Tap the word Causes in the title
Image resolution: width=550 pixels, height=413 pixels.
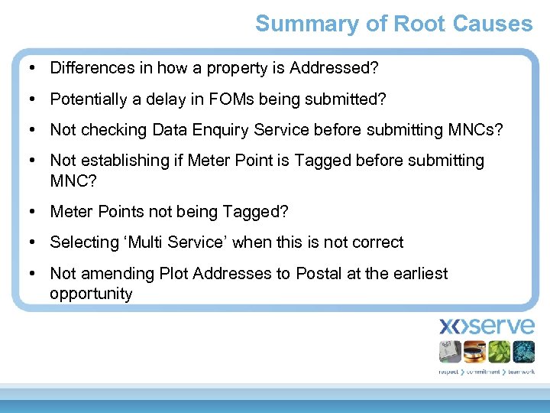[493, 24]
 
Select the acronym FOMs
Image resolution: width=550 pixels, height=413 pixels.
[265, 99]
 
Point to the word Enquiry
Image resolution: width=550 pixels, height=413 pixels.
[218, 130]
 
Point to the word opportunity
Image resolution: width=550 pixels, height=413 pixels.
[91, 294]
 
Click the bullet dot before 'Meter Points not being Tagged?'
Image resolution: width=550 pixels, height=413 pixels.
[34, 211]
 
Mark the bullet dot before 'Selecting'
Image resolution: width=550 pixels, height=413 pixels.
[34, 242]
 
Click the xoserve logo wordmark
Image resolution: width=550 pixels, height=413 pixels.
[487, 326]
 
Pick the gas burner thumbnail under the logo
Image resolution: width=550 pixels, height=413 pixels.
[474, 352]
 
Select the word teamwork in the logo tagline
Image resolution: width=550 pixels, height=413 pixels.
[520, 372]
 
